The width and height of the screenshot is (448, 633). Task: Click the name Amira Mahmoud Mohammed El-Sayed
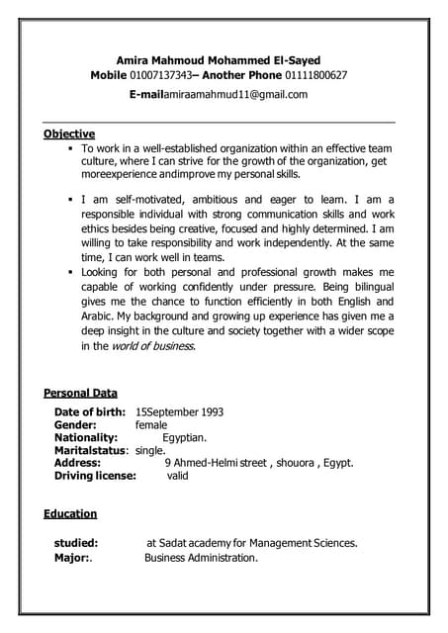point(219,60)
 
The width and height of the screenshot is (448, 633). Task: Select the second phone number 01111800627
point(312,75)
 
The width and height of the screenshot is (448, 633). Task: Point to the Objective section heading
point(69,134)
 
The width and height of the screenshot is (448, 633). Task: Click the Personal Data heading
point(80,393)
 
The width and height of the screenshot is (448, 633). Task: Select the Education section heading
point(70,513)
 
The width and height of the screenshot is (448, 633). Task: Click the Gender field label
point(75,424)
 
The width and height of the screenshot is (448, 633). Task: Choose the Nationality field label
point(86,437)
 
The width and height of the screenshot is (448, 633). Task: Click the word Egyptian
point(185,437)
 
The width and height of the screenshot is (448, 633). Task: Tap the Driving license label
point(95,476)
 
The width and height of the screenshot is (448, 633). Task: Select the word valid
point(177,476)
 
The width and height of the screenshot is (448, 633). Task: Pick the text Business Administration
point(201,558)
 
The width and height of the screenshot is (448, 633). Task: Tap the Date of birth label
point(90,411)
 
